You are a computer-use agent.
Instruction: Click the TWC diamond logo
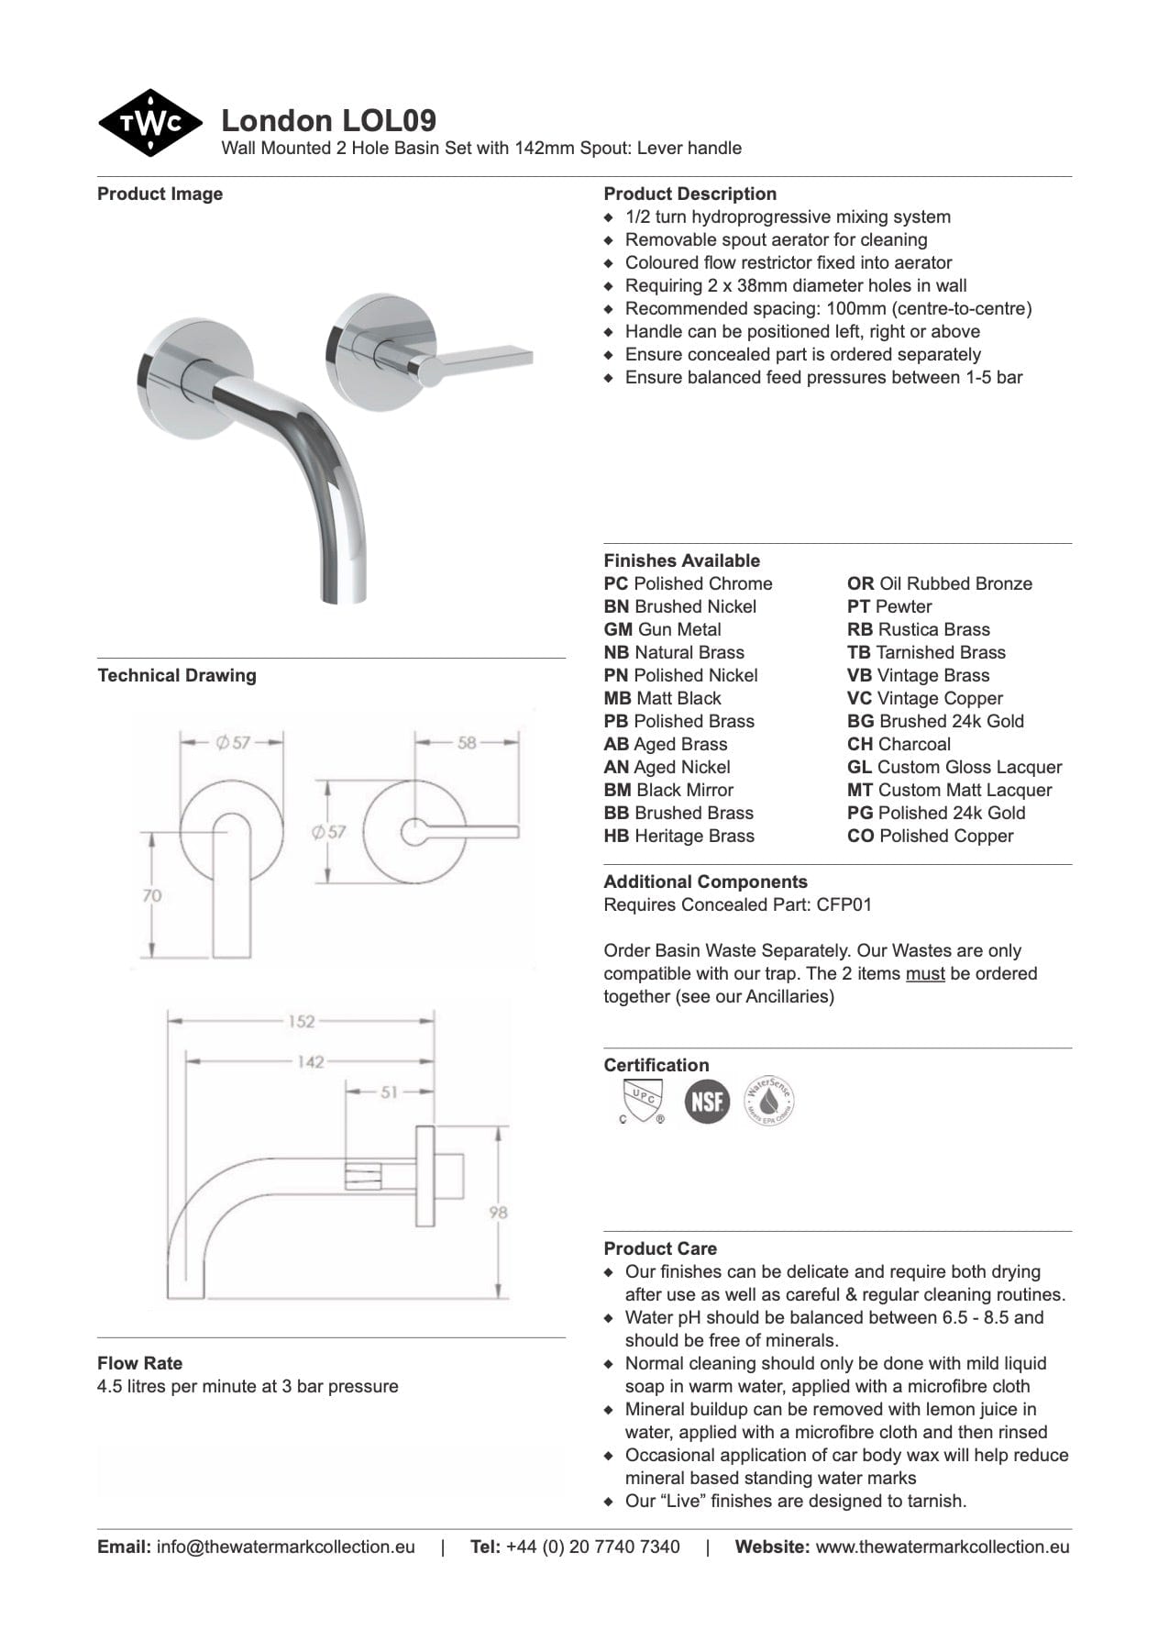coord(150,123)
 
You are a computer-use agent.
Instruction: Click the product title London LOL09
coord(328,120)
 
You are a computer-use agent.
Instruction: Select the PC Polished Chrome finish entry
coord(688,583)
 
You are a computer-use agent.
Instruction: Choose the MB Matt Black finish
coord(662,698)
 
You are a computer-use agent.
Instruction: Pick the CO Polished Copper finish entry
coord(930,836)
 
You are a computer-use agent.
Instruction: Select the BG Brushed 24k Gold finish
coord(935,721)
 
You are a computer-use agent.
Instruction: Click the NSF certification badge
coord(707,1101)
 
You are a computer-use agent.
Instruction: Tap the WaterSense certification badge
coord(768,1101)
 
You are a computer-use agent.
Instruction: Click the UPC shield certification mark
coord(641,1101)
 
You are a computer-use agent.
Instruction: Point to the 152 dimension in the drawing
coord(301,1022)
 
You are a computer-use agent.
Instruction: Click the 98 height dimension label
coord(498,1213)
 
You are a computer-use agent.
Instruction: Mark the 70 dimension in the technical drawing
coord(152,895)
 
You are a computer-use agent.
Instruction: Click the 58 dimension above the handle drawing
coord(467,743)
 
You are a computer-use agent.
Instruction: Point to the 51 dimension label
coord(390,1092)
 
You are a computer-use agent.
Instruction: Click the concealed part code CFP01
coord(844,904)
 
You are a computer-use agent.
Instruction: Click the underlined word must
coord(925,973)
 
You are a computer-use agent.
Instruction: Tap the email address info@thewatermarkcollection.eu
coord(285,1547)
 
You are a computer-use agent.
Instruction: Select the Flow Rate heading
coord(139,1363)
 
